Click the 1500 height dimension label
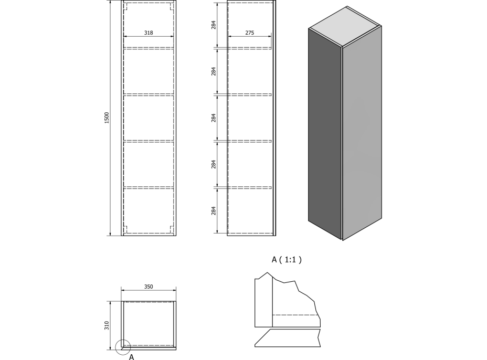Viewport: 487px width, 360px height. (107, 118)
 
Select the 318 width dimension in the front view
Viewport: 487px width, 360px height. (149, 33)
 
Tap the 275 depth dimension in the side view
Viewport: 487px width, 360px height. (250, 33)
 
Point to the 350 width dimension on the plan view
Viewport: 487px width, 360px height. (149, 287)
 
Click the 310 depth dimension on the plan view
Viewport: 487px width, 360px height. (107, 325)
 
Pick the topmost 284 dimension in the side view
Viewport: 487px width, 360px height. (214, 25)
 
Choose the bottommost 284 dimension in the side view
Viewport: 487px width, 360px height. (214, 211)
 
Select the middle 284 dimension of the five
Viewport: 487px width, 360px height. (214, 118)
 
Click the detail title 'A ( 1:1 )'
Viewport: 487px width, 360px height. (287, 260)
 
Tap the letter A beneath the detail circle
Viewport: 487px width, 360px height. (131, 357)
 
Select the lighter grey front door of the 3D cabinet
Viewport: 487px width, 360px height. (362, 134)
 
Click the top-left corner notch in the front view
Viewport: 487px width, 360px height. (126, 6)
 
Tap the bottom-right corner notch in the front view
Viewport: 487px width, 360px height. (172, 229)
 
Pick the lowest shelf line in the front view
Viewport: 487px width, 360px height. (149, 188)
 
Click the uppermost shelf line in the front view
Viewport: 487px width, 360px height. (149, 48)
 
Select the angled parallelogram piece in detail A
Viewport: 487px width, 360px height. (288, 338)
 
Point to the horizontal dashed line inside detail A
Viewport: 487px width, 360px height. (296, 315)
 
